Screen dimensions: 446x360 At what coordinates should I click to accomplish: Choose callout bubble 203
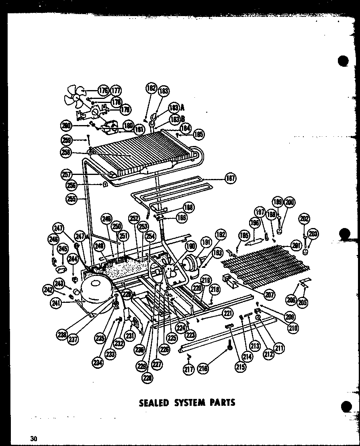312,234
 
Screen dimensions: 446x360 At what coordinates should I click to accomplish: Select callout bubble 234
98,363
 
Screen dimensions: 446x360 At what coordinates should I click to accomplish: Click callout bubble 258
66,152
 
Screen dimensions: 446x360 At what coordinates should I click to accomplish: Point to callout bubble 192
220,234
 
